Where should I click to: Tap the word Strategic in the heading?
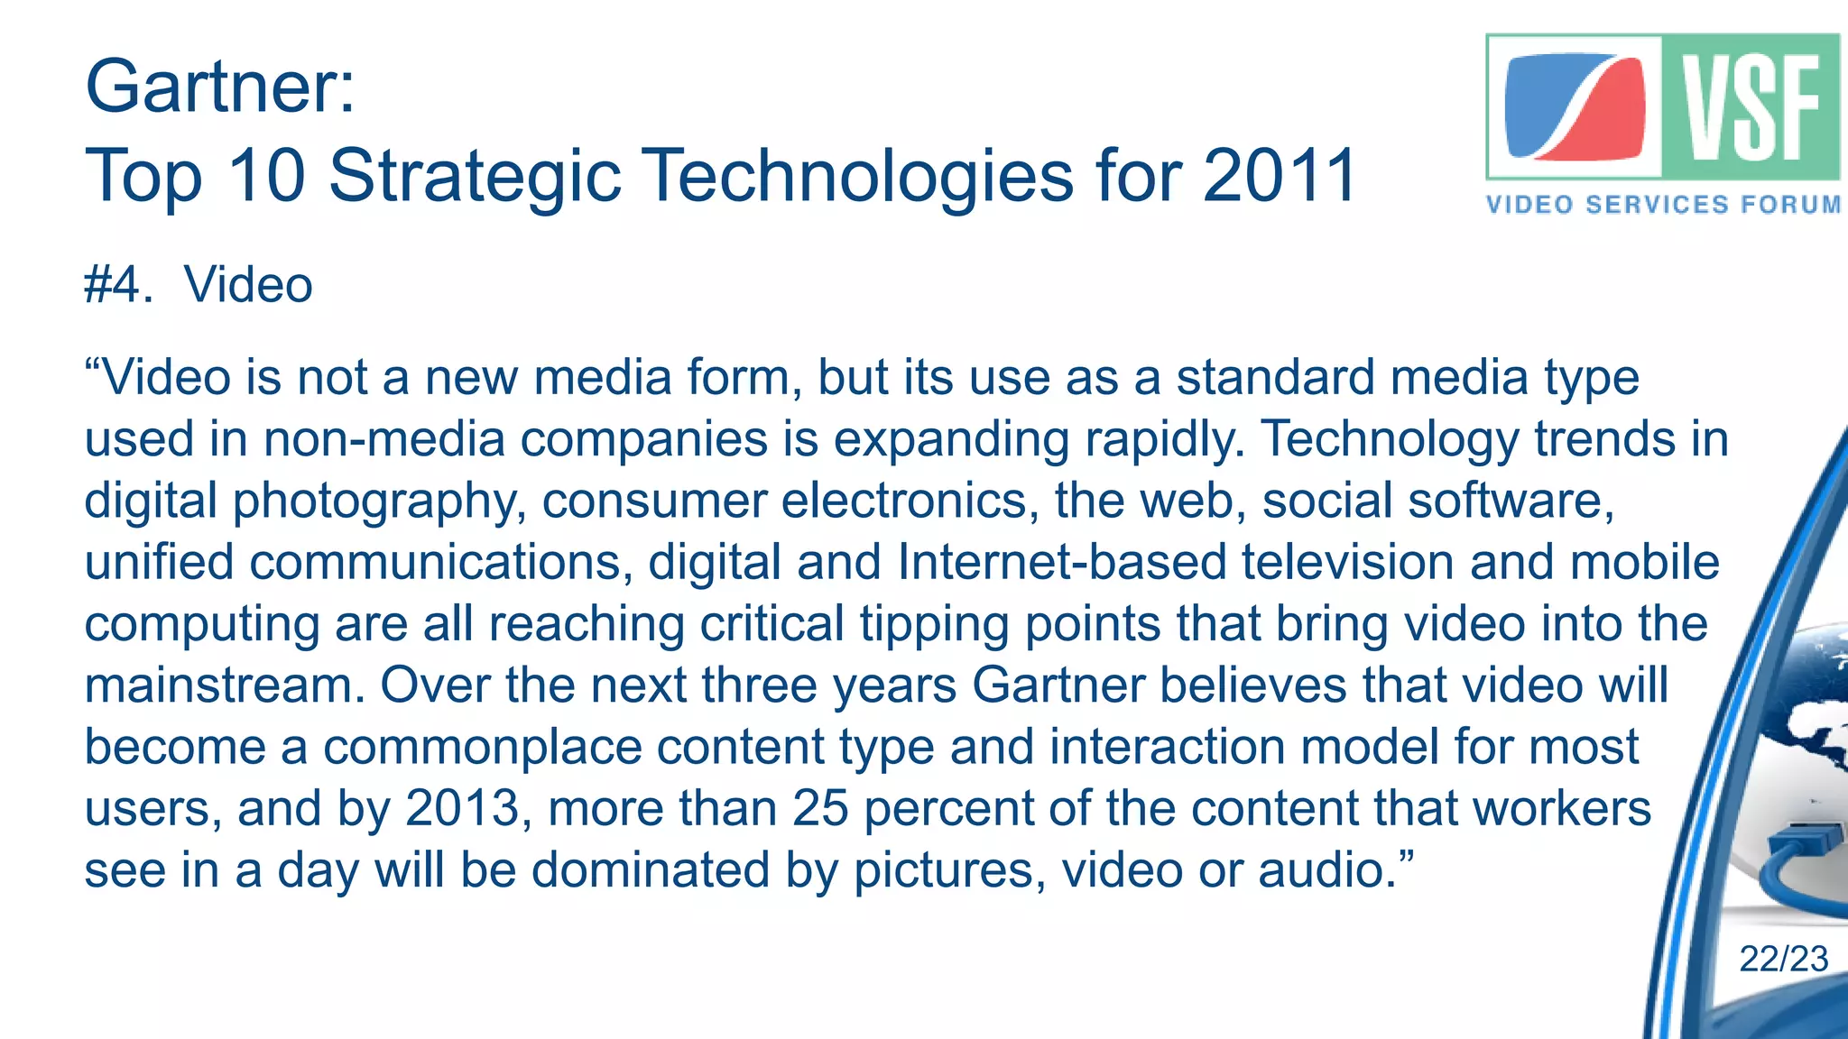[475, 177]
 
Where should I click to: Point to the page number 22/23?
[1783, 959]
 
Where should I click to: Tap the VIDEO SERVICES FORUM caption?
[1664, 205]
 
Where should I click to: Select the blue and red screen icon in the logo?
[1575, 107]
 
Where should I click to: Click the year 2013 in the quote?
[463, 808]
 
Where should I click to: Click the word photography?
[380, 501]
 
